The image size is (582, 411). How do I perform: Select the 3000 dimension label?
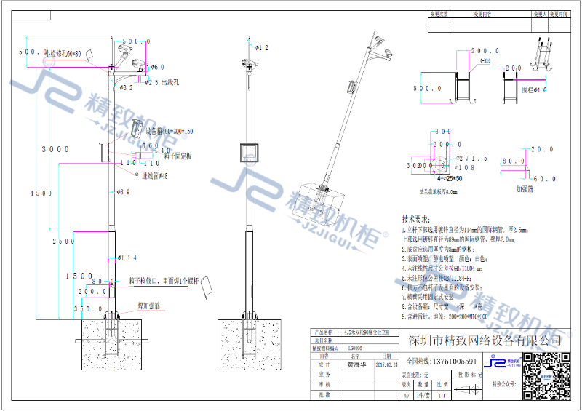55,148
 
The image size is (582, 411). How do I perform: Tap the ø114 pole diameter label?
127,258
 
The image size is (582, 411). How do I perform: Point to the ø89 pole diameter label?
123,192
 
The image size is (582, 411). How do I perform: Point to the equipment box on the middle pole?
250,153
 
